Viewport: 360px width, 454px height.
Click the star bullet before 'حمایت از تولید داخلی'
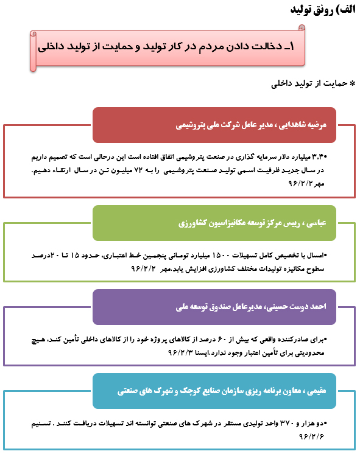pyautogui.click(x=351, y=83)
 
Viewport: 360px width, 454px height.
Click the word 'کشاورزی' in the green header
pyautogui.click(x=194, y=223)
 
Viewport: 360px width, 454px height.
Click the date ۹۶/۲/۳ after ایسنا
pyautogui.click(x=149, y=352)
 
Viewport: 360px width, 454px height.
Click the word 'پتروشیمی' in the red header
pyautogui.click(x=193, y=125)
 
